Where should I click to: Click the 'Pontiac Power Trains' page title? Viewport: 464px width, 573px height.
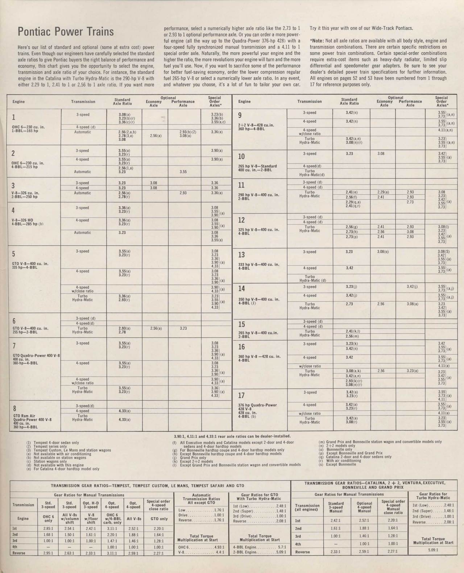(x=66, y=32)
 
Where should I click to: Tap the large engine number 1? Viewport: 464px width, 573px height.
(x=14, y=117)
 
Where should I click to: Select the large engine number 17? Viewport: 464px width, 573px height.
(x=241, y=395)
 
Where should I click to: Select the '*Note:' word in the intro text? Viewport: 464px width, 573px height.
(x=317, y=41)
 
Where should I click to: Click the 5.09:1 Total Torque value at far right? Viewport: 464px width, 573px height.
(x=433, y=549)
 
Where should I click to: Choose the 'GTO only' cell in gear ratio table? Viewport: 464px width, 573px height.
(x=158, y=519)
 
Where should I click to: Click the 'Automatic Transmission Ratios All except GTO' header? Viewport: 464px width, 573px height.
(x=201, y=499)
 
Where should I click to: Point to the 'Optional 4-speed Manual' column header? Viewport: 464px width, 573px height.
(x=364, y=507)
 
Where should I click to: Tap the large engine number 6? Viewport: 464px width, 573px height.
(x=14, y=321)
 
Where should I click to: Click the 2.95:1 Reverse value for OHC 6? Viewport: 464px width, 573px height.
(x=49, y=553)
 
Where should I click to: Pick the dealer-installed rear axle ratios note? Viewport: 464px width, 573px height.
(x=232, y=436)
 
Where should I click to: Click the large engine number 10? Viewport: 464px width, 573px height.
(x=241, y=157)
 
